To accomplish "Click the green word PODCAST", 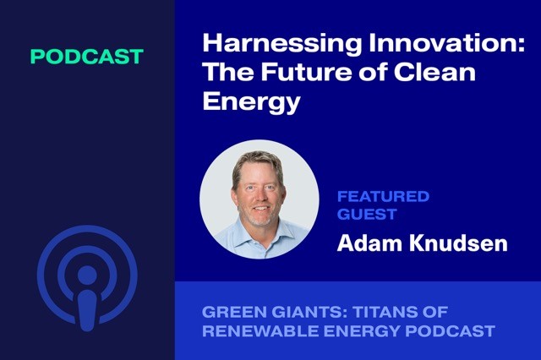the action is pyautogui.click(x=87, y=57).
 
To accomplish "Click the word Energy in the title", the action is pyautogui.click(x=252, y=102).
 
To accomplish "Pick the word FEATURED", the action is pyautogui.click(x=383, y=197).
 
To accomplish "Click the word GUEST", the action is pyautogui.click(x=367, y=214).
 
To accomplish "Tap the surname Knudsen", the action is pyautogui.click(x=458, y=243).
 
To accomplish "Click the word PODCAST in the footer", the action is pyautogui.click(x=451, y=330).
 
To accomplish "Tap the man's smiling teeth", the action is pyautogui.click(x=260, y=208).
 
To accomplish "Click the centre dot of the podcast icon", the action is pyautogui.click(x=87, y=275).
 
